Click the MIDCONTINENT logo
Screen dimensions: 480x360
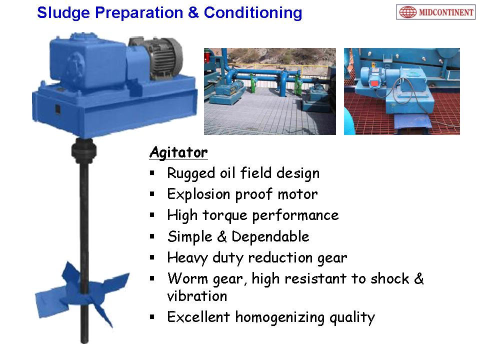pos(435,12)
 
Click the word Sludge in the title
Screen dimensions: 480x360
pos(63,13)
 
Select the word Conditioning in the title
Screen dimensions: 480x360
pos(253,13)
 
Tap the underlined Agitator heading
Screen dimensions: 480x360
pos(178,152)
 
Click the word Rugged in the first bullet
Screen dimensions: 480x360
pos(191,173)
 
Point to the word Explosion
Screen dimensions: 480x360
pos(198,194)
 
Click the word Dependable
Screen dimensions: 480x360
pos(270,236)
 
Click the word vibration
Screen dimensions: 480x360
pos(197,296)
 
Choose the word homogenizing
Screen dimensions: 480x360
pos(280,317)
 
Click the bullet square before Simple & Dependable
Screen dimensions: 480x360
pos(152,236)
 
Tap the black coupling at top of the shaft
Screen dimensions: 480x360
pos(84,150)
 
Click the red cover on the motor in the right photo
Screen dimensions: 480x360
pos(374,84)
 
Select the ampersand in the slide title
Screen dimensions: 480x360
pos(193,13)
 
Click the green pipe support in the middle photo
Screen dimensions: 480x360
pos(254,82)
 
